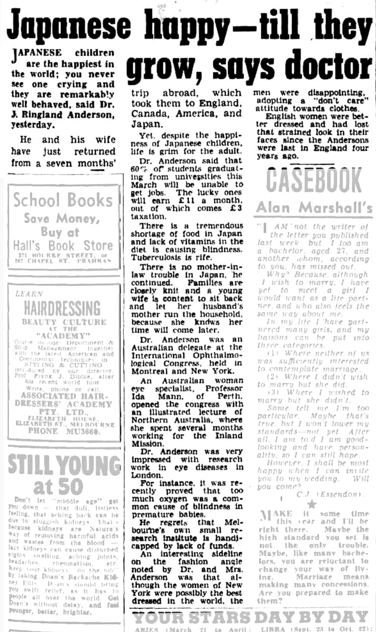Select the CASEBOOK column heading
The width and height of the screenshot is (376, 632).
313,180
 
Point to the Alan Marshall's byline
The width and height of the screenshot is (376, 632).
314,207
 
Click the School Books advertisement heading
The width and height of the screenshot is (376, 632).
63,200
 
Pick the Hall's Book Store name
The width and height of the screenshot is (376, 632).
63,245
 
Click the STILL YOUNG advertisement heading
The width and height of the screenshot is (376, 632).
64,465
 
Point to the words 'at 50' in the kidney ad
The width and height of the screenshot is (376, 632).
64,487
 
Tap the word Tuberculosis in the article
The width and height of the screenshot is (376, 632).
157,258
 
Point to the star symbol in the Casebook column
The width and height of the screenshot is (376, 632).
312,504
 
